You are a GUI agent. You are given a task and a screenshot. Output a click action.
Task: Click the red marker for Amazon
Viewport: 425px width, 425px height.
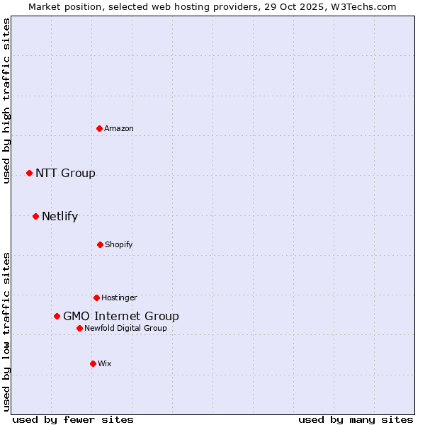click(99, 128)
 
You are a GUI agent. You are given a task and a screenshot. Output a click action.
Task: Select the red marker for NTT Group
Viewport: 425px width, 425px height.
click(29, 173)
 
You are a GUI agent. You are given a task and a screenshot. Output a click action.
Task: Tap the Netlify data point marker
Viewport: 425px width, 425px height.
click(35, 216)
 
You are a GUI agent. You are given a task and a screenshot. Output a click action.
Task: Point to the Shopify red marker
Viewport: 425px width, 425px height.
click(100, 244)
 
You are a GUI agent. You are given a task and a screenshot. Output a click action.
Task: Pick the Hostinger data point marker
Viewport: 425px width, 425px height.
click(96, 297)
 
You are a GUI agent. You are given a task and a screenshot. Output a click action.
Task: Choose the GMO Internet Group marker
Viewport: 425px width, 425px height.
click(57, 316)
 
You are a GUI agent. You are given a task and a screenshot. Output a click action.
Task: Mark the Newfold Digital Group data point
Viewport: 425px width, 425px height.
click(79, 328)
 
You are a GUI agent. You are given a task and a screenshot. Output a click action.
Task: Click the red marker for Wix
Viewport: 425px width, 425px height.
click(93, 363)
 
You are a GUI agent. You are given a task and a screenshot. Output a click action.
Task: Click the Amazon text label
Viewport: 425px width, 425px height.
click(119, 128)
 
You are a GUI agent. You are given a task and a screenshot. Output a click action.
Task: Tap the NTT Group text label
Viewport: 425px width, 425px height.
click(65, 173)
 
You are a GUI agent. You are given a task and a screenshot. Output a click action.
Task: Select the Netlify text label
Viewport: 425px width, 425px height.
click(59, 216)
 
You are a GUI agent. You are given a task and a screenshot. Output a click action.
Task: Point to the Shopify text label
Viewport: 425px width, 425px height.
click(119, 244)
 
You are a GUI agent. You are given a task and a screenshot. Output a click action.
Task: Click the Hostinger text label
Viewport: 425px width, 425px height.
click(119, 297)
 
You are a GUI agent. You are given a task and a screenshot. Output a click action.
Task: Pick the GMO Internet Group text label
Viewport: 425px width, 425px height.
click(121, 316)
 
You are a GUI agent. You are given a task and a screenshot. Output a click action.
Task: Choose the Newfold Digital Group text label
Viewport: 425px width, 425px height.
click(125, 328)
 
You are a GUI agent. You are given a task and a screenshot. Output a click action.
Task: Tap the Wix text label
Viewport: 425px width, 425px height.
click(105, 363)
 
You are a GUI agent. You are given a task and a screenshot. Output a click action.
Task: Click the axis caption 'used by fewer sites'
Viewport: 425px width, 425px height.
click(73, 419)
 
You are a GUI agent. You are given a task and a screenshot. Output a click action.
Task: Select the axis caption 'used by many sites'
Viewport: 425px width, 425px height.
click(356, 419)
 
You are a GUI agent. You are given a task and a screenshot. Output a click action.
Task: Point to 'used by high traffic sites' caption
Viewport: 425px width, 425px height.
click(6, 101)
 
